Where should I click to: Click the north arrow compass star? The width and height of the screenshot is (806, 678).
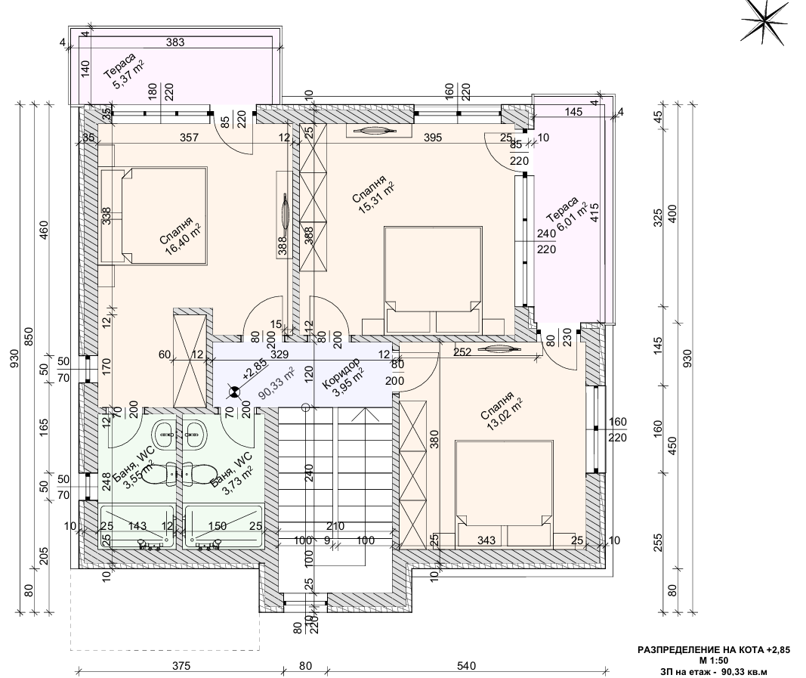click(x=766, y=22)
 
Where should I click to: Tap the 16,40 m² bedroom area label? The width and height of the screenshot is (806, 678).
click(x=179, y=236)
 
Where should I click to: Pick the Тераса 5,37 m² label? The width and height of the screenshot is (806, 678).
click(x=123, y=71)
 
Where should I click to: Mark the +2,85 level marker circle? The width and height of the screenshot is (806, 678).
click(x=234, y=392)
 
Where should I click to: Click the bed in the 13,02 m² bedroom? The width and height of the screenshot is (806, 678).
click(x=504, y=493)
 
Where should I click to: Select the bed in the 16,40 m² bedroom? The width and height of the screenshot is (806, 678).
click(x=154, y=216)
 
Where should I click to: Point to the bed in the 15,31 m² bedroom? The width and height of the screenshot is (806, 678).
click(x=434, y=280)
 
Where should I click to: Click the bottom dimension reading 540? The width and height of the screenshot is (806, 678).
click(x=466, y=666)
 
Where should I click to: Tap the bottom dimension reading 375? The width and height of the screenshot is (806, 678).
click(x=181, y=666)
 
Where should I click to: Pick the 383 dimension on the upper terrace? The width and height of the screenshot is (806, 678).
click(x=175, y=42)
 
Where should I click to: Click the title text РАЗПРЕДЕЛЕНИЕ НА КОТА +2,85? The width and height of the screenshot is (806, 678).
click(x=714, y=650)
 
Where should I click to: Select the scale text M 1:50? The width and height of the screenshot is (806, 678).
click(x=713, y=661)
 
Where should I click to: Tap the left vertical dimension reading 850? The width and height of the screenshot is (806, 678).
click(x=29, y=336)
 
